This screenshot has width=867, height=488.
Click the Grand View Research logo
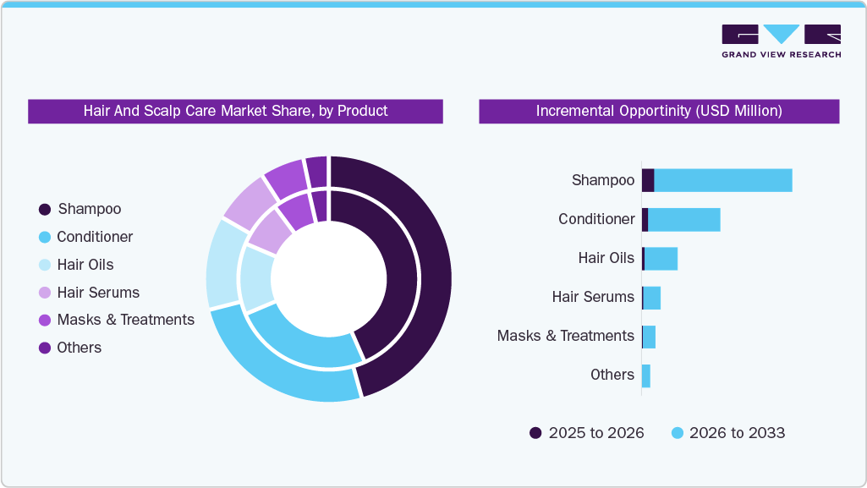click(x=781, y=41)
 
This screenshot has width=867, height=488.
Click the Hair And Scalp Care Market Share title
click(x=235, y=111)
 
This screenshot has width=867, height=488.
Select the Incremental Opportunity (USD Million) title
click(x=659, y=111)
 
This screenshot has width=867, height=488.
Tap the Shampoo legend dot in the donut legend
click(x=45, y=209)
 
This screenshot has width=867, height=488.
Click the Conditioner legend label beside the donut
click(x=95, y=237)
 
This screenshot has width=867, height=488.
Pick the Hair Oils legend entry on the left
click(x=85, y=265)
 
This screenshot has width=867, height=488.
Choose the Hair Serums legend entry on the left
click(x=98, y=293)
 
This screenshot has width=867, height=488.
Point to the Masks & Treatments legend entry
click(x=125, y=320)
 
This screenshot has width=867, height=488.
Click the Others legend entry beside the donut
click(x=79, y=348)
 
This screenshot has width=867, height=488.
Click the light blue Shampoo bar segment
click(x=723, y=180)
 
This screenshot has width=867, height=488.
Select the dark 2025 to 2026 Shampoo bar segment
click(x=648, y=180)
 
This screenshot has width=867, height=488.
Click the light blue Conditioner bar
click(x=683, y=219)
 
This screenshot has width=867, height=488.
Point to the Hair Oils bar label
click(x=606, y=258)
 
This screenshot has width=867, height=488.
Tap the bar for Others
click(x=646, y=376)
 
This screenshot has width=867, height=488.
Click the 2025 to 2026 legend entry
click(x=587, y=433)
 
